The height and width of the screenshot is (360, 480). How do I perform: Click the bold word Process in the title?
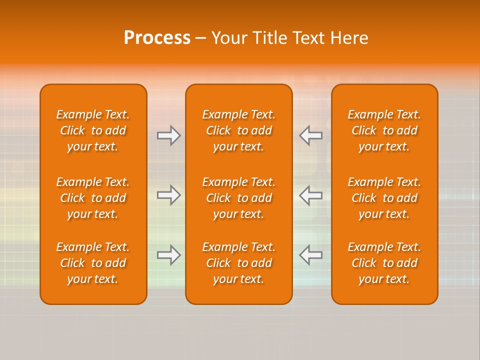pos(157,38)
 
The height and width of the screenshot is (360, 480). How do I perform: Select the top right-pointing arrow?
pos(168,135)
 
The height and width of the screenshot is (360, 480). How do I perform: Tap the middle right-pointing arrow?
pos(168,195)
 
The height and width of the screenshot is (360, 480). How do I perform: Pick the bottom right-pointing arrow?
pos(168,255)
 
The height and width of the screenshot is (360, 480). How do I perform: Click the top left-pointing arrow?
pos(310,135)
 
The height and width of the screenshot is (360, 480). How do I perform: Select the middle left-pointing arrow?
pos(310,195)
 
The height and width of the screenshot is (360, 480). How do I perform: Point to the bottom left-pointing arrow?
pos(310,255)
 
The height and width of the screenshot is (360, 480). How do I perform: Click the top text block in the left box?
pos(93,130)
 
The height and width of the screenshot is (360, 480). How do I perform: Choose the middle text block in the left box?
pos(93,198)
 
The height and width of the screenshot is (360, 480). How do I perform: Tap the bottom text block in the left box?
pos(93,263)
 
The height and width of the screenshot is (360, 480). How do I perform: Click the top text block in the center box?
pos(239,130)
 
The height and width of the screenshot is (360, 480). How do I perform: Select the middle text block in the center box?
pos(239,198)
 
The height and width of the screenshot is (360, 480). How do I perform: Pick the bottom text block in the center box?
pos(239,263)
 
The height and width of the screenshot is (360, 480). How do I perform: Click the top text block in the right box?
pos(384,130)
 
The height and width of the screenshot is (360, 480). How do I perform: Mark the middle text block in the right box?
pos(384,198)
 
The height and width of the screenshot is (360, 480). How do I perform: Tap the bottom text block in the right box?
pos(384,263)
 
